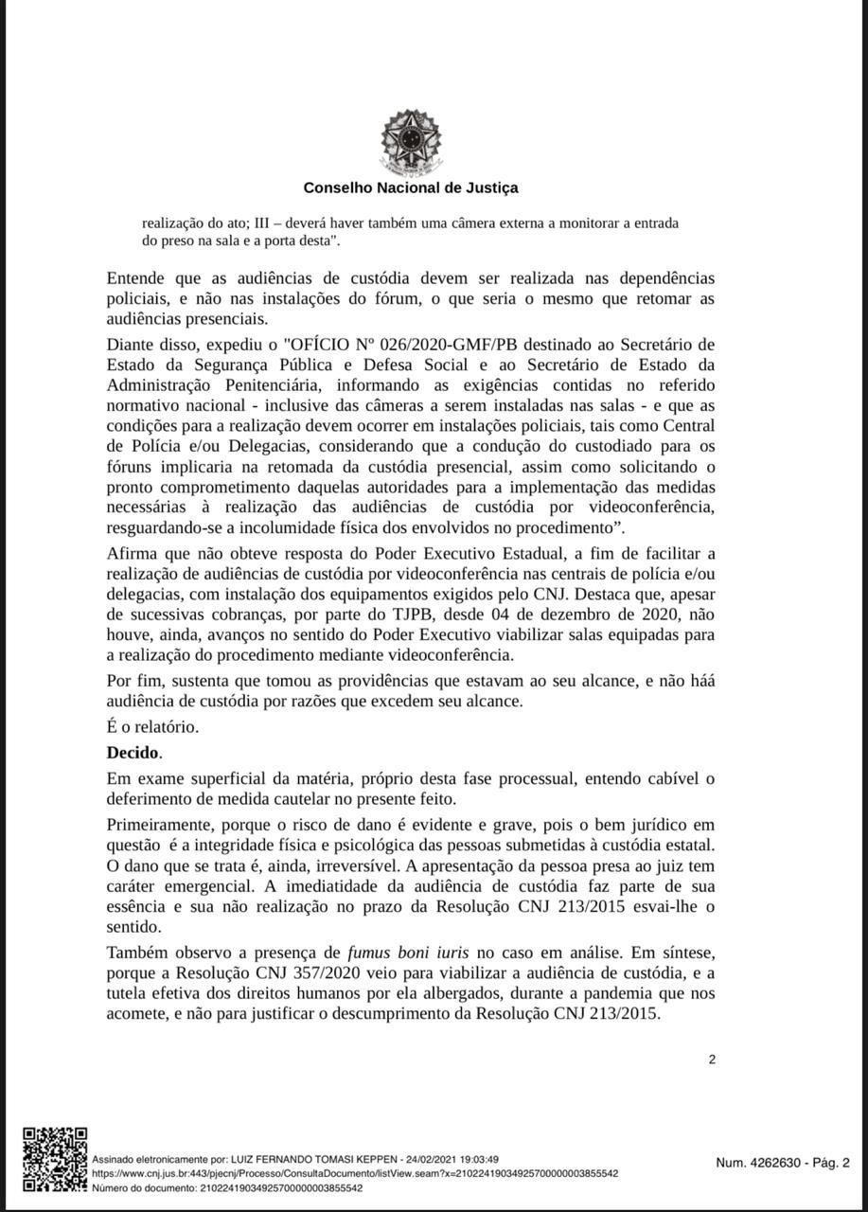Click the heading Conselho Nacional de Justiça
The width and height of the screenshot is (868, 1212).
[411, 187]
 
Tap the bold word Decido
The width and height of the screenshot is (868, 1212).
[133, 754]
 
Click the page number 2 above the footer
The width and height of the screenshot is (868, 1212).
[712, 1060]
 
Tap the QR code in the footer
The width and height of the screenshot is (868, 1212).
[55, 1159]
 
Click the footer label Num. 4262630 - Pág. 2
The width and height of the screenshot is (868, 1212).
[783, 1164]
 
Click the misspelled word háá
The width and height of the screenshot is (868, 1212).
[700, 682]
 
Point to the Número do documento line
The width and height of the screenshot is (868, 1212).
[227, 1187]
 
